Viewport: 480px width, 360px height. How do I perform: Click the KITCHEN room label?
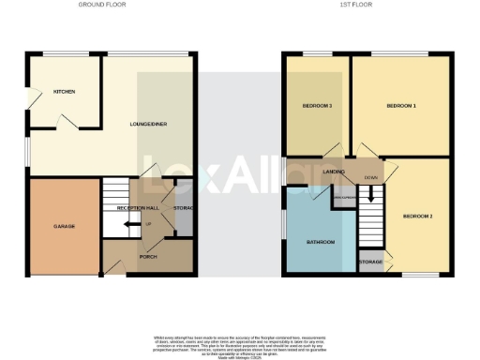64,92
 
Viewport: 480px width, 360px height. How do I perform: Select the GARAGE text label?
64,227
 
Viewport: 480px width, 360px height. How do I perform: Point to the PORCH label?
147,256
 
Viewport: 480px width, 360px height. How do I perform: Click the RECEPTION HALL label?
136,208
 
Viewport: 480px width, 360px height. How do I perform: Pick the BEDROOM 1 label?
400,106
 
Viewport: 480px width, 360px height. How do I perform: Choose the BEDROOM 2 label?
417,217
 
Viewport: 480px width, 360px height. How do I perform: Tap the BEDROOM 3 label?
317,106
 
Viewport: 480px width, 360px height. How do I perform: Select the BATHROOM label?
320,243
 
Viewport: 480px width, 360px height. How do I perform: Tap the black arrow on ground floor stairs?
128,225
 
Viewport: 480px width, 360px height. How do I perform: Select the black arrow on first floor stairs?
372,197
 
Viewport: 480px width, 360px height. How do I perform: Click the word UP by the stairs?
147,224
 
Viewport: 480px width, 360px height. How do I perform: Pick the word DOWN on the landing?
371,176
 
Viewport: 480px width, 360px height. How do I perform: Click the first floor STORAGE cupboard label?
370,262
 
